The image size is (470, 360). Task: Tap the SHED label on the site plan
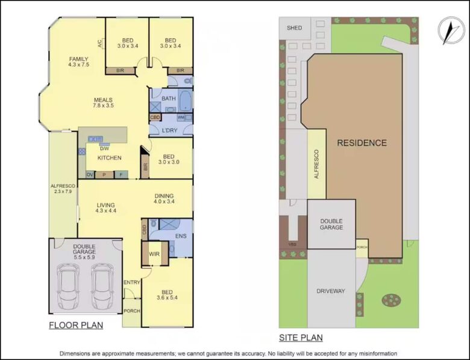click(295, 28)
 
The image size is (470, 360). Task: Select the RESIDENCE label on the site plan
click(362, 143)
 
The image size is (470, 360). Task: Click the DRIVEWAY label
click(331, 291)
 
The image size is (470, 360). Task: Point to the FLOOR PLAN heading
click(76, 326)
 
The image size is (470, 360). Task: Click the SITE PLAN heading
click(301, 338)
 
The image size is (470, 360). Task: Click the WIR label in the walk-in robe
click(154, 254)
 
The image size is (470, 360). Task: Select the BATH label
click(168, 98)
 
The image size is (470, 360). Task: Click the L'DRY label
click(170, 130)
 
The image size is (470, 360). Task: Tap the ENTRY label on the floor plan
click(131, 282)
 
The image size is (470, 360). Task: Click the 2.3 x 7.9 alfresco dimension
click(63, 192)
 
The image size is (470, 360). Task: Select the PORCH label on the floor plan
click(131, 311)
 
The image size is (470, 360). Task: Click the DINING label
click(164, 195)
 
